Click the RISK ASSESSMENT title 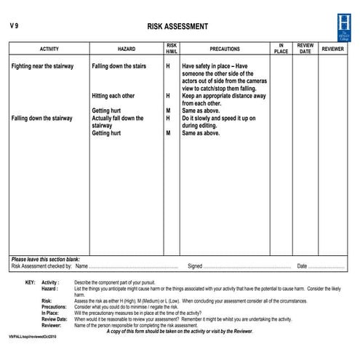click(x=177, y=27)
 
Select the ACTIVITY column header click(x=49, y=49)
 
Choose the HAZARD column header click(x=126, y=49)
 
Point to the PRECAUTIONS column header click(x=224, y=49)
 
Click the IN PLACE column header click(x=281, y=49)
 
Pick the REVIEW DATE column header click(x=305, y=49)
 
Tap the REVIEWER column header click(x=333, y=49)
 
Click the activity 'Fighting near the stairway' click(x=42, y=66)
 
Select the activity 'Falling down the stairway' click(x=41, y=118)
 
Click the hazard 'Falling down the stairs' click(x=119, y=66)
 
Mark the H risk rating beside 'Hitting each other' click(x=168, y=95)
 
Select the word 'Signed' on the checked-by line click(x=195, y=266)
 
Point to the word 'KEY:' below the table click(x=30, y=281)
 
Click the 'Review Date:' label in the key click(x=55, y=319)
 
